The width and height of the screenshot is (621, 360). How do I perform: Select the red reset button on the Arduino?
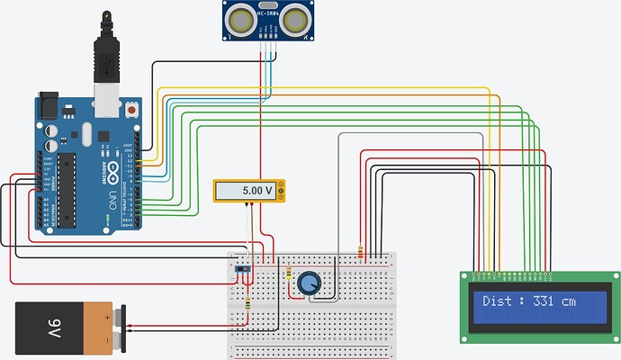[x=133, y=110]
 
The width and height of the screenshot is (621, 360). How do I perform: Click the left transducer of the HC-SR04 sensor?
[x=241, y=19]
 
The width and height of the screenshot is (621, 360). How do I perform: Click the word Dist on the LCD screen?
[x=497, y=301]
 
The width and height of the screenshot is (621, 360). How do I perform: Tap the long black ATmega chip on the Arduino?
[x=67, y=192]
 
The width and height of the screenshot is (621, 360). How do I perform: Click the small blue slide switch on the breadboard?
[x=242, y=268]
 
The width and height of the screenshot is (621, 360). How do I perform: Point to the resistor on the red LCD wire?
[x=361, y=253]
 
